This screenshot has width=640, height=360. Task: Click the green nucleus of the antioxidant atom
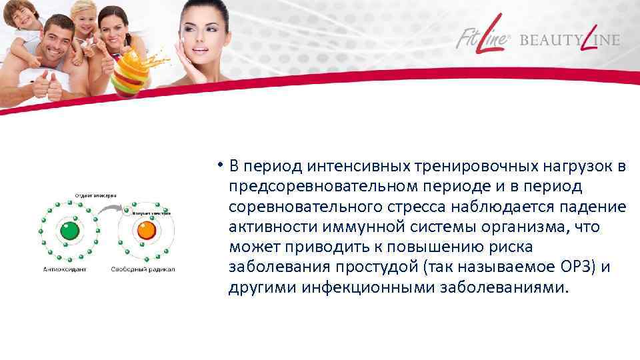(69, 231)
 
